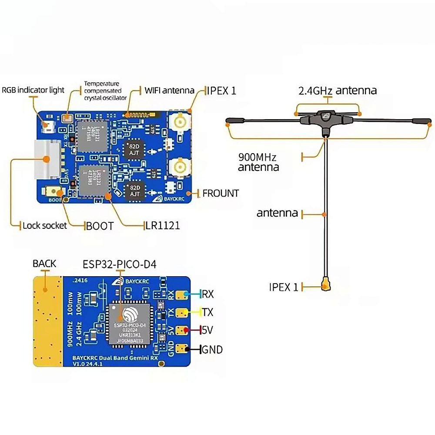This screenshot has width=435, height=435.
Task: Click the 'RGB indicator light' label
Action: (33, 90)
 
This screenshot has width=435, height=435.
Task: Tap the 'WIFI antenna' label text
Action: (169, 90)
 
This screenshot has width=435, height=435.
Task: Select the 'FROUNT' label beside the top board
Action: (221, 193)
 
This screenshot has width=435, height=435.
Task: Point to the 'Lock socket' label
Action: (45, 225)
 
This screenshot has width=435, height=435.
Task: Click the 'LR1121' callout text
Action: (162, 226)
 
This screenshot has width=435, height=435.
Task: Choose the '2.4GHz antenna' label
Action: (337, 90)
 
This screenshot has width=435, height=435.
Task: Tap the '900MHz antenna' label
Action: (258, 162)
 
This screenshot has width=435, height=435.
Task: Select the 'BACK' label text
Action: (44, 264)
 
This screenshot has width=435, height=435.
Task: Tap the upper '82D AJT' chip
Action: (132, 149)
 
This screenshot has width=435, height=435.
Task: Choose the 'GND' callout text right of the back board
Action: (212, 349)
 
